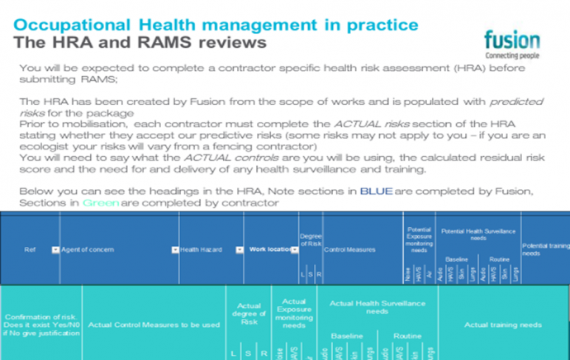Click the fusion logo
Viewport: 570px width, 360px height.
coord(512,41)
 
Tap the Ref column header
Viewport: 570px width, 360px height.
coord(30,249)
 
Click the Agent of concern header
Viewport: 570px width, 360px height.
coord(88,249)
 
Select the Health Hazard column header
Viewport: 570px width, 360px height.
coord(202,249)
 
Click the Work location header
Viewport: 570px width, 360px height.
coord(265,249)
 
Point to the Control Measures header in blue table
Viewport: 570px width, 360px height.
coord(349,249)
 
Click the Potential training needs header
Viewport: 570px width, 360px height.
coord(544,249)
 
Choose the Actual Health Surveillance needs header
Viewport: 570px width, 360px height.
coord(377,308)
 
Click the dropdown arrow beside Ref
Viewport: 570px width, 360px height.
coord(55,249)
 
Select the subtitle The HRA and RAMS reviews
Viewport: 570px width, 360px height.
coord(140,41)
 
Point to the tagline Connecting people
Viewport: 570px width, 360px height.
coord(512,54)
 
